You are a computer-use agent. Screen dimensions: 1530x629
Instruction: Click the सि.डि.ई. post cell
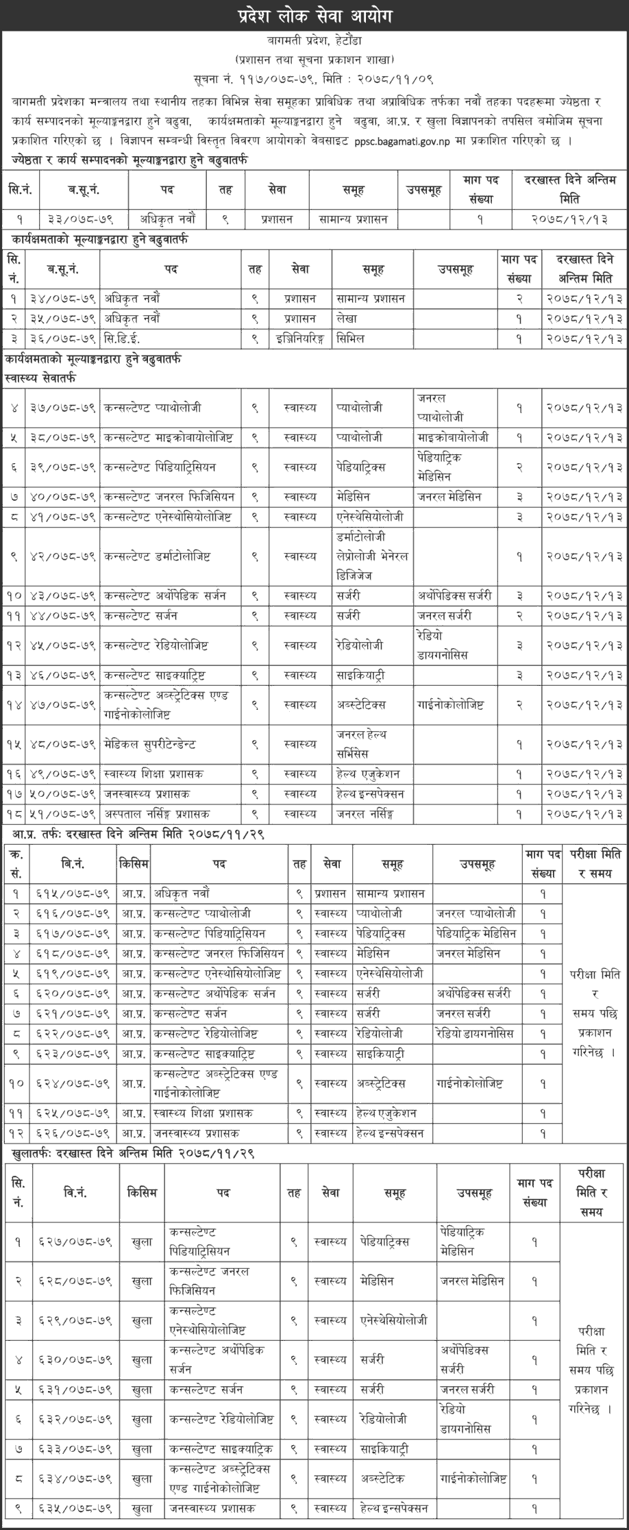tap(122, 338)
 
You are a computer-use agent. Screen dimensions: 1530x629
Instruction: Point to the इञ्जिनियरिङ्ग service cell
tap(299, 338)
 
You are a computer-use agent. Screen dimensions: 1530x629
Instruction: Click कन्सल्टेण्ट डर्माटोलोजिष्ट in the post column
tap(157, 557)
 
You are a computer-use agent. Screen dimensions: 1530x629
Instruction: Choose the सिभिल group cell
tap(350, 338)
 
